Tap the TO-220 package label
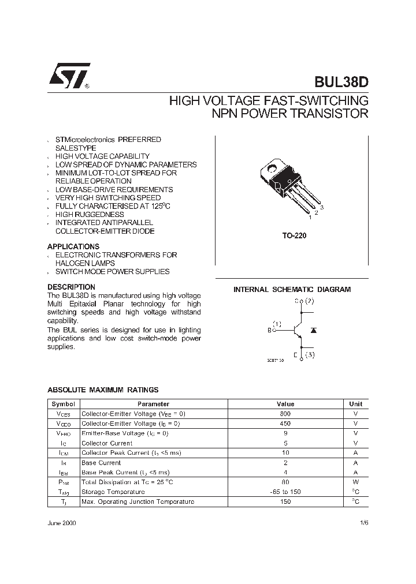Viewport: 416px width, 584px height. point(291,236)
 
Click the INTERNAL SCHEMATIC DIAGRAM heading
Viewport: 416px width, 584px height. point(292,290)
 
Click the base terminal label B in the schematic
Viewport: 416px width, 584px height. point(269,330)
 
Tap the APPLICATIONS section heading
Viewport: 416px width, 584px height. point(73,246)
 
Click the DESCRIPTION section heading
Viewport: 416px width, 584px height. point(71,287)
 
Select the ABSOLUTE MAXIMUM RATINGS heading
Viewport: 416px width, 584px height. point(103,390)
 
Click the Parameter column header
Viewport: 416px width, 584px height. point(153,404)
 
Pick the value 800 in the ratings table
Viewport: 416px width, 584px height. point(285,414)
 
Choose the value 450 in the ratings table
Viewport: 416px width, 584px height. point(285,424)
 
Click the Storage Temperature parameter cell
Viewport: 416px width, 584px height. point(113,492)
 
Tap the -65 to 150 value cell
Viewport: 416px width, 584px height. point(285,492)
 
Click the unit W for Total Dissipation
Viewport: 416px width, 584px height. point(356,482)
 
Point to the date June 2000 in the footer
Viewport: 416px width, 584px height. point(61,523)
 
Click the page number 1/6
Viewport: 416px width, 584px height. point(363,523)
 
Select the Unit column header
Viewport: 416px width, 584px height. point(356,404)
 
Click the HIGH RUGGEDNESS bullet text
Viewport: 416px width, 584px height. point(90,214)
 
